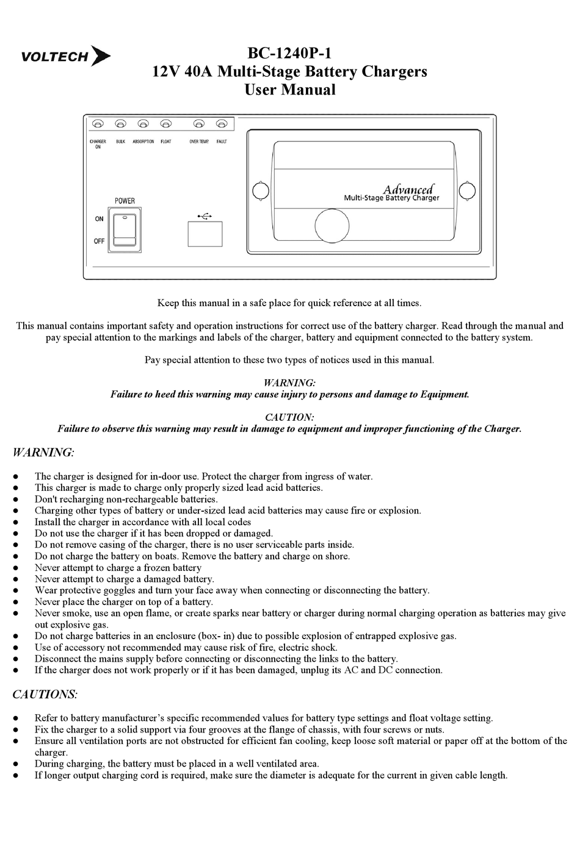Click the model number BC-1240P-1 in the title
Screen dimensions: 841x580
click(x=289, y=53)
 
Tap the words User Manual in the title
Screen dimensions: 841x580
click(x=289, y=90)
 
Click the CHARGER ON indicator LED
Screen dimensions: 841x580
click(x=98, y=124)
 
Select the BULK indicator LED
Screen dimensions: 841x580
click(x=120, y=124)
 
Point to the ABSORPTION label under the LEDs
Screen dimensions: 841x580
click(x=143, y=141)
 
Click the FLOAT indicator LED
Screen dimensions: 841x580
click(x=165, y=124)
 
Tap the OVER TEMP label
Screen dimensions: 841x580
click(x=199, y=141)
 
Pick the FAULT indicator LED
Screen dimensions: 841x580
click(x=222, y=124)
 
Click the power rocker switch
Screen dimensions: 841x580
click(x=125, y=230)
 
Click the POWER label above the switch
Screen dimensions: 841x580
click(x=125, y=201)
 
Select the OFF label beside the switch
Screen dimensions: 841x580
click(x=99, y=241)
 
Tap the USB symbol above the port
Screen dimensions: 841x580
click(x=205, y=215)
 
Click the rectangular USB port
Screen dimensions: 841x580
click(x=205, y=234)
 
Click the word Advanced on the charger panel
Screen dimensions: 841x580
click(x=408, y=189)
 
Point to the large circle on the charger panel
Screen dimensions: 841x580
click(x=332, y=225)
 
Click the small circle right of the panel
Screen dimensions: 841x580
click(x=467, y=191)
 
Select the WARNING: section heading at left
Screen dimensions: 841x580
click(x=43, y=453)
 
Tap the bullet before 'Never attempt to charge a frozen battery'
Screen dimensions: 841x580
click(x=21, y=568)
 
